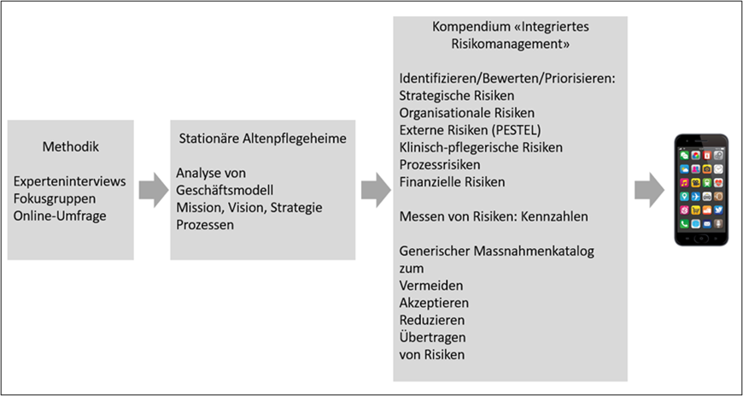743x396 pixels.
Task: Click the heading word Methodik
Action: [x=71, y=147]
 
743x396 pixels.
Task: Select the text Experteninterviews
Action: [x=70, y=181]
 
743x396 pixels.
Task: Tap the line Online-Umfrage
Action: [x=60, y=216]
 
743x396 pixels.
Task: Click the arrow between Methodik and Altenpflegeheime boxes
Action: [x=154, y=190]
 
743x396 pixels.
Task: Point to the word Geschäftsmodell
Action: [x=225, y=191]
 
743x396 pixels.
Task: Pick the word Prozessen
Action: [x=205, y=225]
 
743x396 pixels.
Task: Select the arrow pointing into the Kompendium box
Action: [x=376, y=190]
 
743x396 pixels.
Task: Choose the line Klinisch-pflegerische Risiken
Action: [x=481, y=148]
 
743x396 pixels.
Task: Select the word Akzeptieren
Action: [x=434, y=303]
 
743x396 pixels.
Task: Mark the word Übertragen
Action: [x=433, y=337]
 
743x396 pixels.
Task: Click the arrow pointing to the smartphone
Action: [x=649, y=190]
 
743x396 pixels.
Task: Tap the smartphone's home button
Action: [x=702, y=238]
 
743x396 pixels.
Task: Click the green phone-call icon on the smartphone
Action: [x=684, y=223]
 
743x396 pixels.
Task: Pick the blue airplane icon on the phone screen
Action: [x=696, y=197]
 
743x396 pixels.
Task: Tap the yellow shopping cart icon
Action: [x=696, y=210]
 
